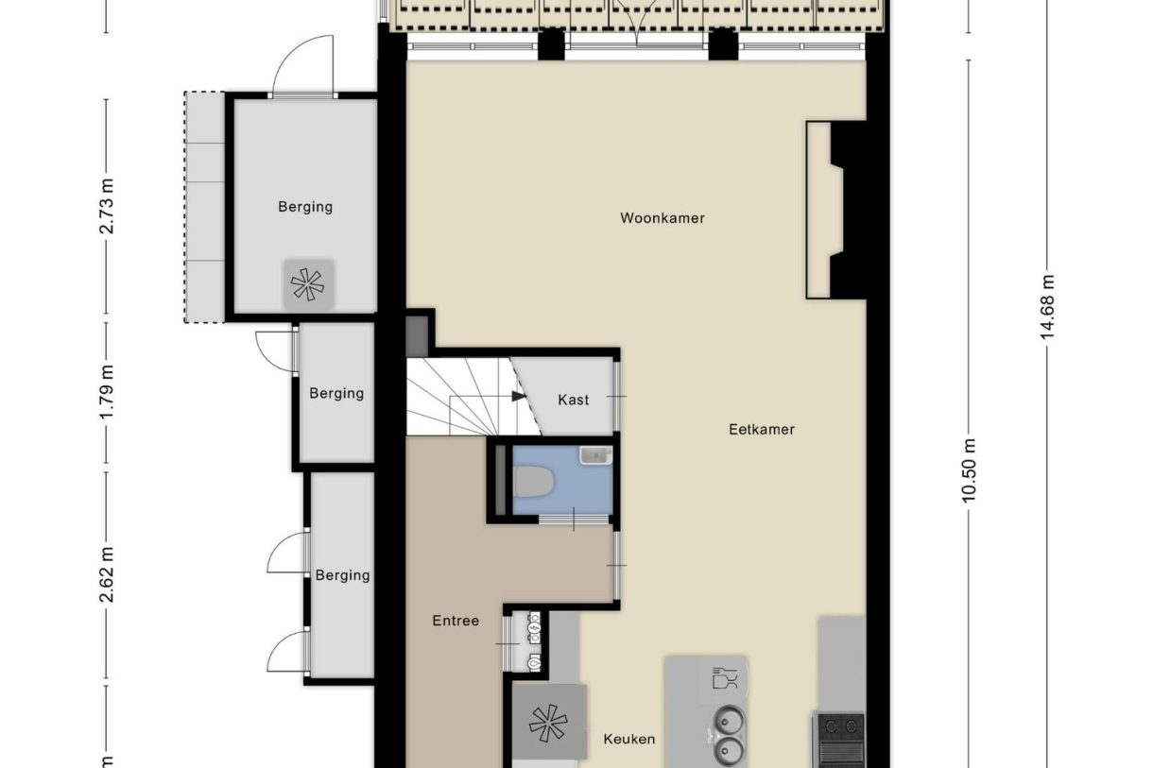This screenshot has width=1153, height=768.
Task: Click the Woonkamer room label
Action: [662, 218]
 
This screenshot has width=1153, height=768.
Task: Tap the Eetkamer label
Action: [762, 430]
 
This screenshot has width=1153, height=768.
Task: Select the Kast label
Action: [573, 400]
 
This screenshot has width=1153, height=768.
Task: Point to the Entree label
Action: [456, 621]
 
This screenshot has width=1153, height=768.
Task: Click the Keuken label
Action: [629, 740]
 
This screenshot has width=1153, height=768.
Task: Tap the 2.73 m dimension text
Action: [107, 206]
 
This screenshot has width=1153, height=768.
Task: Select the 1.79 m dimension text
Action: [107, 392]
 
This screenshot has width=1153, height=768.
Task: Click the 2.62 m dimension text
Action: [107, 574]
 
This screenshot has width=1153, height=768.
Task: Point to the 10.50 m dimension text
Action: [968, 470]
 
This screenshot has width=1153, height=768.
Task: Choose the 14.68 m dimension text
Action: [1047, 307]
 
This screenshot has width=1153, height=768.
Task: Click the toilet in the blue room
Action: [533, 482]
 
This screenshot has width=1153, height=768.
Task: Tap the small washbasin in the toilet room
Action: [595, 455]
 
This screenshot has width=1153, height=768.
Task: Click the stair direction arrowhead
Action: [519, 396]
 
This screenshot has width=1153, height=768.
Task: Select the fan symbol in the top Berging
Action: [307, 284]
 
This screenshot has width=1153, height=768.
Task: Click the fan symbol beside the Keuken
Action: [548, 724]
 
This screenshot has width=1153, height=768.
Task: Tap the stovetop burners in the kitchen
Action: [839, 726]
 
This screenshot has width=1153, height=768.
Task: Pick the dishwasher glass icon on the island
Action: [725, 677]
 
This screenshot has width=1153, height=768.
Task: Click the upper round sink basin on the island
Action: [730, 721]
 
